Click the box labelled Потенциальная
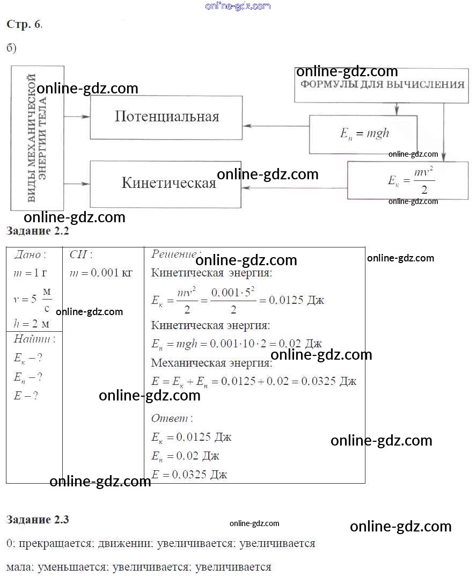[x=166, y=118]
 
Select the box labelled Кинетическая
[x=166, y=184]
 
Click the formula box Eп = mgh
[x=363, y=134]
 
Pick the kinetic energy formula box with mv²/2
[x=408, y=181]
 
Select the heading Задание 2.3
[x=38, y=520]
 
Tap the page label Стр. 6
[x=24, y=24]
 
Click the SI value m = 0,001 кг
[x=101, y=273]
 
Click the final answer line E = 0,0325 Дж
[x=189, y=475]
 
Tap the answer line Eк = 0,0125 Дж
[x=192, y=437]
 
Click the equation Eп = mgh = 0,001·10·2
[x=236, y=344]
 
